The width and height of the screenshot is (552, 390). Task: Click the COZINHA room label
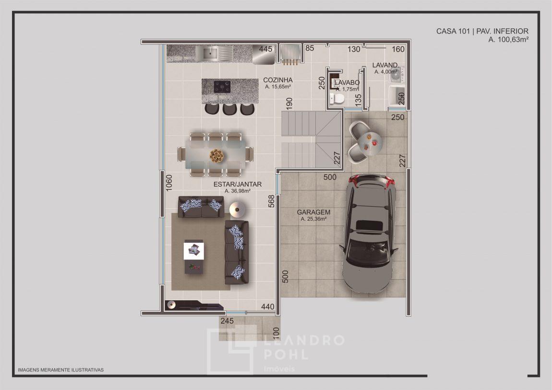pyautogui.click(x=278, y=80)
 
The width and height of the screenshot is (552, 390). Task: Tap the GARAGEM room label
pyautogui.click(x=313, y=212)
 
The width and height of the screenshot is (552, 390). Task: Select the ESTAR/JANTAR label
pyautogui.click(x=237, y=184)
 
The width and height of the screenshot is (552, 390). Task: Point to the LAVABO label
pyautogui.click(x=347, y=83)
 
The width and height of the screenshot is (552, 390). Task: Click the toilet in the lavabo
pyautogui.click(x=337, y=98)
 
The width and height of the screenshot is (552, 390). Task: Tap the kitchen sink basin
pyautogui.click(x=210, y=54)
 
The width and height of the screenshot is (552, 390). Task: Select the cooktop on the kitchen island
pyautogui.click(x=222, y=87)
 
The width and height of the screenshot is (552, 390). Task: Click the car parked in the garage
pyautogui.click(x=370, y=234)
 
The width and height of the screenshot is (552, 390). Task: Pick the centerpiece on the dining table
pyautogui.click(x=216, y=155)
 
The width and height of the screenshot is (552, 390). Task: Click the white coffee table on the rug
pyautogui.click(x=193, y=251)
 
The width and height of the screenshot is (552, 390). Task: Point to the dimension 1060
pyautogui.click(x=169, y=183)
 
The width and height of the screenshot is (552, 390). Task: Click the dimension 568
pyautogui.click(x=271, y=201)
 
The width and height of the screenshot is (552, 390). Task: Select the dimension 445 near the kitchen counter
pyautogui.click(x=265, y=49)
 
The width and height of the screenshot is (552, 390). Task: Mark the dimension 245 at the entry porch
pyautogui.click(x=227, y=321)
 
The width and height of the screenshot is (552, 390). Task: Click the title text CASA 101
pyautogui.click(x=453, y=31)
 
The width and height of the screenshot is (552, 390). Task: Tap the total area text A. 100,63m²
pyautogui.click(x=508, y=40)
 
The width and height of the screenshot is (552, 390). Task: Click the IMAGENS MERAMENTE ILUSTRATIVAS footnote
pyautogui.click(x=60, y=369)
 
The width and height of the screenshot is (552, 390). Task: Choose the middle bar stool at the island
pyautogui.click(x=229, y=109)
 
